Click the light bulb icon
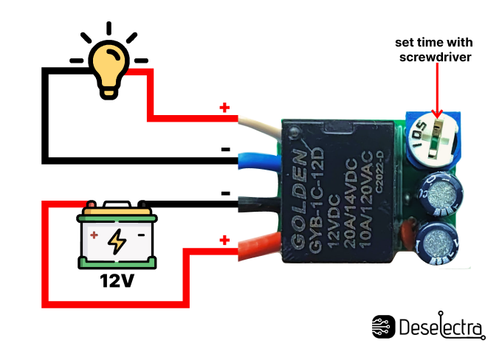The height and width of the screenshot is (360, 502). click(x=109, y=65)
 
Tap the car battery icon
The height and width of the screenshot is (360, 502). click(x=118, y=235)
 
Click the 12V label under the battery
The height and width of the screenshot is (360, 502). click(x=118, y=281)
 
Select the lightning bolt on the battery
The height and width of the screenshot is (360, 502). click(x=117, y=239)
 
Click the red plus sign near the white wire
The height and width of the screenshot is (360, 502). click(x=224, y=108)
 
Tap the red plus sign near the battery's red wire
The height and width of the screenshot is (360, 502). click(x=224, y=240)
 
